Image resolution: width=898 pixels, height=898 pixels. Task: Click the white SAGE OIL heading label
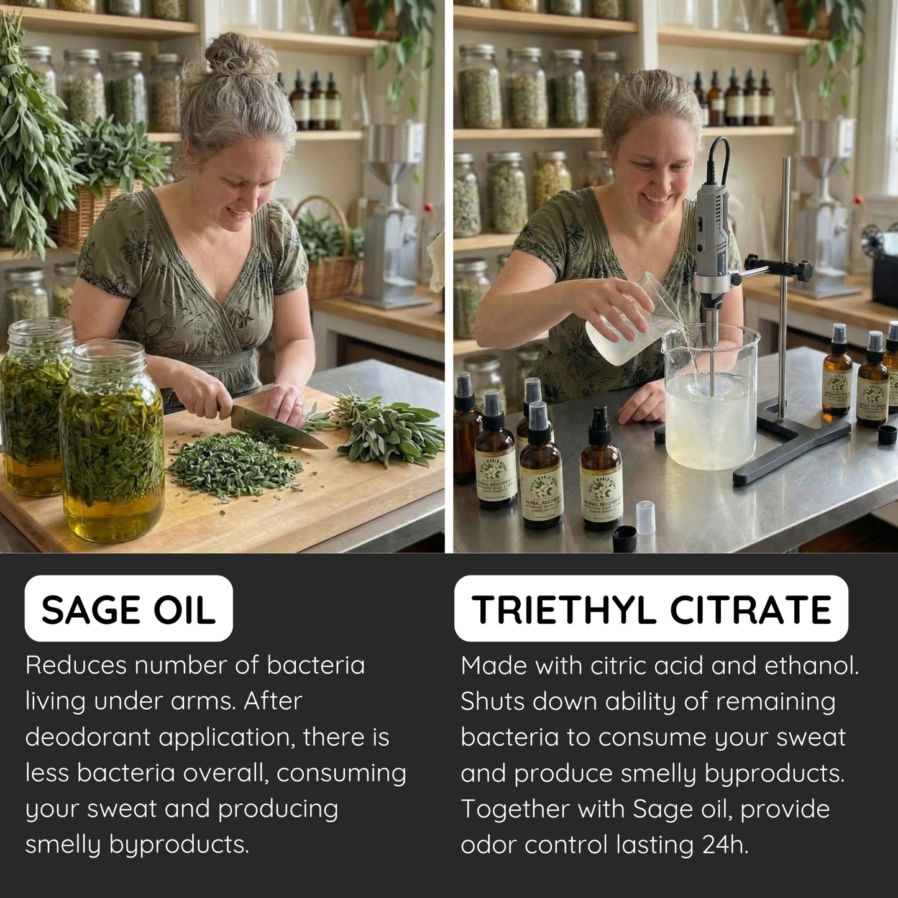129,609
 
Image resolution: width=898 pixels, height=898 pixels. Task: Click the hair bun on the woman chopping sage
240,55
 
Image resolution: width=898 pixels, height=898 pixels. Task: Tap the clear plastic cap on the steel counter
646,517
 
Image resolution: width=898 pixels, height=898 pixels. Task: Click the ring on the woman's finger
298,405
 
